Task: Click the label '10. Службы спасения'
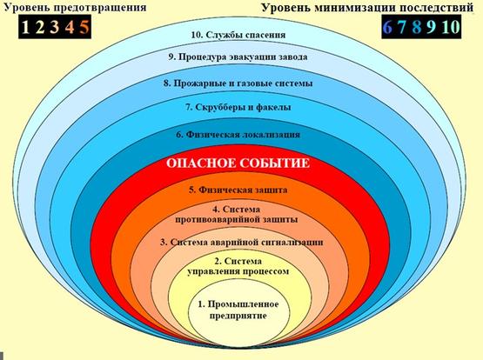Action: click(238, 35)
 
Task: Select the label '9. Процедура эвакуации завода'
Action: click(238, 57)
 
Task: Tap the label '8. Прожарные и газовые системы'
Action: click(238, 83)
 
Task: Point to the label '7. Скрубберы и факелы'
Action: click(238, 107)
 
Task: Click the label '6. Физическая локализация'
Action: click(238, 135)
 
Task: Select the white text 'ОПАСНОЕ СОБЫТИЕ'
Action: click(238, 163)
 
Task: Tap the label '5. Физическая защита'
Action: click(238, 190)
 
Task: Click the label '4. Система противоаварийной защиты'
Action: click(236, 215)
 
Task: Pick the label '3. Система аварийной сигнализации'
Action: click(242, 242)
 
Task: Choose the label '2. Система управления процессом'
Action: click(238, 266)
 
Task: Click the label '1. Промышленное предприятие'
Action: click(238, 310)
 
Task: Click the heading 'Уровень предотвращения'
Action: click(75, 6)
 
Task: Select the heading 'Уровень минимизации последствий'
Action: click(367, 7)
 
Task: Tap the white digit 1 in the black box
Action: click(26, 27)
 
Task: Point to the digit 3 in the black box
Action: click(54, 27)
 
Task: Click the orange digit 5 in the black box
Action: click(84, 27)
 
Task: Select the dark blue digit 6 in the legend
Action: click(387, 27)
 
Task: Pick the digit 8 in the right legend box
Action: click(417, 27)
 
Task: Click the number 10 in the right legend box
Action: click(451, 27)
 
